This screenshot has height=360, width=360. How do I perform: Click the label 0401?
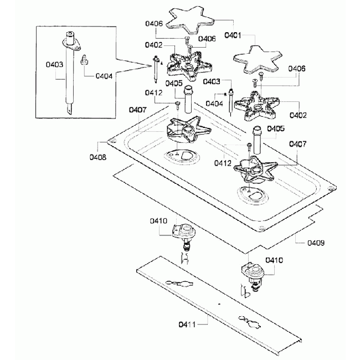point(233,35)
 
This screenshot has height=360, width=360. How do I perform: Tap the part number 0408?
point(98,157)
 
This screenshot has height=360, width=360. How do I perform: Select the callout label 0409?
point(316,243)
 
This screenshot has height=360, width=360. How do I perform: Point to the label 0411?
point(187,325)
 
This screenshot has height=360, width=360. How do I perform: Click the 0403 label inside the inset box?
point(54,64)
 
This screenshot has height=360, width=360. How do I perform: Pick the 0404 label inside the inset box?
point(104,76)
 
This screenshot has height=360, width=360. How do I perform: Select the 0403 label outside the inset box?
point(212,81)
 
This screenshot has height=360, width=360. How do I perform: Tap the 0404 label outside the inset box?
point(214,104)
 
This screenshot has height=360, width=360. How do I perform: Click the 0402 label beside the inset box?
point(153,45)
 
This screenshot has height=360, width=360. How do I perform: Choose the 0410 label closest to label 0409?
point(274,260)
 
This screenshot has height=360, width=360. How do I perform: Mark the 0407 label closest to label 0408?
point(137,110)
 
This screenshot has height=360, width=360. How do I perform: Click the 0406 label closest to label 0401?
point(207,39)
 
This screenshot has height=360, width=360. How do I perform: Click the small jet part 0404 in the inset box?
point(85,60)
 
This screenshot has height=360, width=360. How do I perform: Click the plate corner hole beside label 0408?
point(112,142)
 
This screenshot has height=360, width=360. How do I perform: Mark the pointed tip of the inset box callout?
point(152,66)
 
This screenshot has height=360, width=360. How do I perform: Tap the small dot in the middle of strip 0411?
point(219,304)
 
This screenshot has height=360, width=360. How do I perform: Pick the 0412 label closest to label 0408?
point(153,92)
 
